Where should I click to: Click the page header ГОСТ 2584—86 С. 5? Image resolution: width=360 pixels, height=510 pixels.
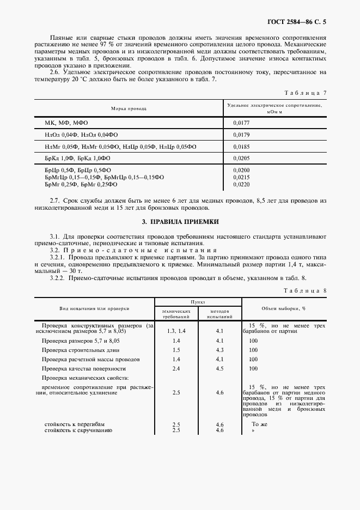click(x=300, y=22)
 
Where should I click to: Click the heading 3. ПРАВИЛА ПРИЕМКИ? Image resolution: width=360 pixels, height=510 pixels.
click(x=180, y=222)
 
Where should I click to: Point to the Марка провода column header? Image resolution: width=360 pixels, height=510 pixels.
click(x=129, y=108)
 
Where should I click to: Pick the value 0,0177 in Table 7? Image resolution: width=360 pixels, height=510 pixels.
click(x=241, y=123)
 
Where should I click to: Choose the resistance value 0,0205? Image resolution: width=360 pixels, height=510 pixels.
click(x=241, y=158)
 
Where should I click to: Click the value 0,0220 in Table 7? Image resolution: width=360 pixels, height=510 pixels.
click(x=241, y=185)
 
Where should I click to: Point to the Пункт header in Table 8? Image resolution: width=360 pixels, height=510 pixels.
click(x=198, y=301)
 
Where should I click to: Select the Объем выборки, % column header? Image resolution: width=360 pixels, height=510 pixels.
click(x=284, y=308)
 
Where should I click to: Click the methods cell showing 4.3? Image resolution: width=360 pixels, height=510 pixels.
click(x=219, y=350)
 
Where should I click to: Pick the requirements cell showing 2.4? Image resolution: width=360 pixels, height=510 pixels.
click(x=176, y=368)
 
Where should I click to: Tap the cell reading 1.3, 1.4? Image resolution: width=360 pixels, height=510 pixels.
click(x=176, y=331)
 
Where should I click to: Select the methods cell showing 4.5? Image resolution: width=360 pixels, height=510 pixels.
click(x=219, y=368)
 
